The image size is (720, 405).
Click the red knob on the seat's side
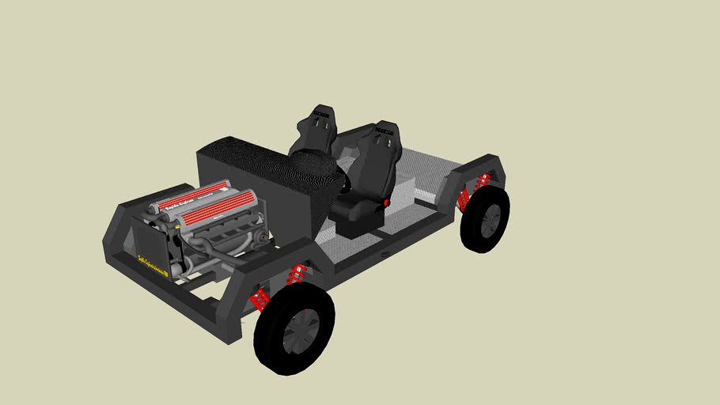[385, 203]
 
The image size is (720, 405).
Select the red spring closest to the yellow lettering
[259, 300]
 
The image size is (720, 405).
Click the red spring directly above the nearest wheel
[297, 274]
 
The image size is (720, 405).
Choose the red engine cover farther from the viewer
[190, 195]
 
